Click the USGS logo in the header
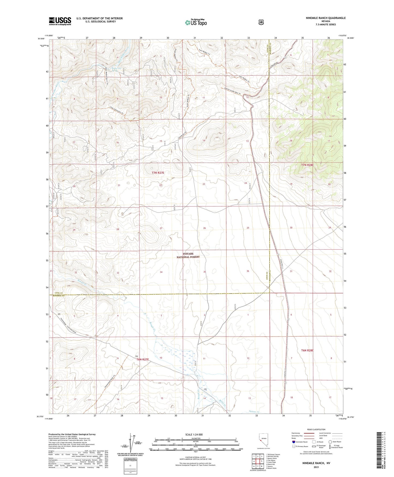(60, 21)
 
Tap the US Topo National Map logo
(196, 22)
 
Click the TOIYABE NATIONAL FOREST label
(187, 255)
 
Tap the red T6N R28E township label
(307, 350)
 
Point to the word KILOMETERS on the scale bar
(195, 438)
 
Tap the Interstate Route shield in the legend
(293, 442)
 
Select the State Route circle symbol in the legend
(330, 442)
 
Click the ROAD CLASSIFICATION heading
(316, 429)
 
